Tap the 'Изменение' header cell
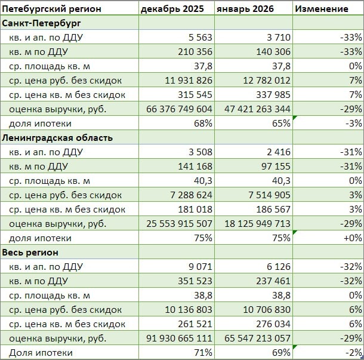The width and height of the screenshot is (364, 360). pos(322,9)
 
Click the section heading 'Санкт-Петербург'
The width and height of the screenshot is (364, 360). pos(42,23)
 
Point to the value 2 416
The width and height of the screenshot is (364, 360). pos(278,152)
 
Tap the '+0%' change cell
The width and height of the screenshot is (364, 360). pos(353,238)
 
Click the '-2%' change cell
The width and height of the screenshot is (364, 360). pos(354,353)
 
